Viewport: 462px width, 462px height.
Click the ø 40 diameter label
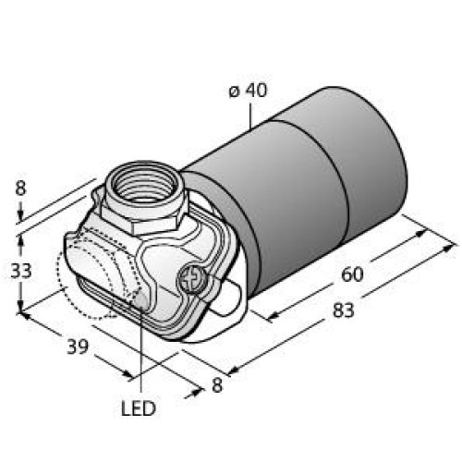248,93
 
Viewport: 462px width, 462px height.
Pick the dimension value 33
20,271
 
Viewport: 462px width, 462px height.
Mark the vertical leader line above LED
141,351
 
